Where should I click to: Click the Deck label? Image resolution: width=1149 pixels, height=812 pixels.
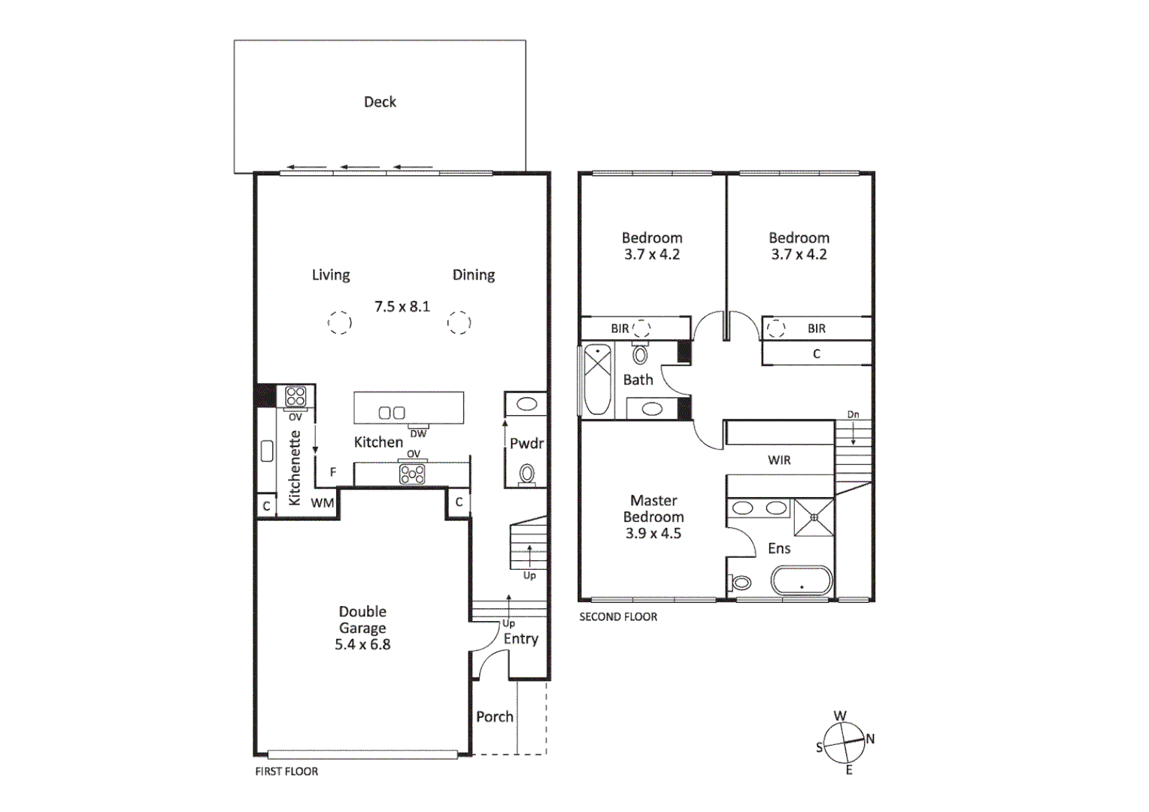click(x=380, y=102)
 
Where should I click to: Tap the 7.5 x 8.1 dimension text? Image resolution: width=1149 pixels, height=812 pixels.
click(x=402, y=307)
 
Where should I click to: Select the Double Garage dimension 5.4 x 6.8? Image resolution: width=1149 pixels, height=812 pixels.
click(x=362, y=644)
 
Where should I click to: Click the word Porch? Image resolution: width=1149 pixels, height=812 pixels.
click(x=495, y=717)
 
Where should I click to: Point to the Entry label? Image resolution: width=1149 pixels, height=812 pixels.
click(x=521, y=639)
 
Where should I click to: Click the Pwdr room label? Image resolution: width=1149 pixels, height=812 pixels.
click(x=526, y=444)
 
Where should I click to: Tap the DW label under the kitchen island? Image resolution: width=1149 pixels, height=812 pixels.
click(x=418, y=434)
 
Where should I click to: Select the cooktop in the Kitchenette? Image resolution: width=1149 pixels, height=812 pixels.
click(x=296, y=396)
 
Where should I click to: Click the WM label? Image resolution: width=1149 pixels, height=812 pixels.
click(x=323, y=503)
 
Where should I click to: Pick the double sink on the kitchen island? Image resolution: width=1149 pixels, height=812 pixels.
click(x=392, y=413)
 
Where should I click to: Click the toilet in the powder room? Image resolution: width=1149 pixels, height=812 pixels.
click(x=527, y=474)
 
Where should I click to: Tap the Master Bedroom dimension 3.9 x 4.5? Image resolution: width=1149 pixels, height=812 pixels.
click(x=653, y=534)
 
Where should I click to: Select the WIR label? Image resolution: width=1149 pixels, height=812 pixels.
click(x=779, y=460)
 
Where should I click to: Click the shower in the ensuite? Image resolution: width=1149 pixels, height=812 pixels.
click(x=814, y=517)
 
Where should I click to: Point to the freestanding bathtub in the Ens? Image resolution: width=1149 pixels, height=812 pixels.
click(x=802, y=582)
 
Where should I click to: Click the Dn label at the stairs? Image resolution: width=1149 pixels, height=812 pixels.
click(x=853, y=415)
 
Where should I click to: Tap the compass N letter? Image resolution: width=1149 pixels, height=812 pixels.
click(x=870, y=739)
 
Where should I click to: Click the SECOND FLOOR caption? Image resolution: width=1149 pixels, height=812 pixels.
click(x=618, y=617)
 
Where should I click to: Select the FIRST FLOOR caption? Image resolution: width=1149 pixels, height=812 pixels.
click(x=286, y=771)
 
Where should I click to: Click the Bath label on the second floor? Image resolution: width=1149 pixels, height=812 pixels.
click(x=638, y=380)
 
